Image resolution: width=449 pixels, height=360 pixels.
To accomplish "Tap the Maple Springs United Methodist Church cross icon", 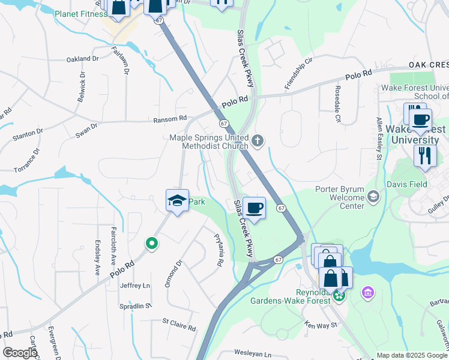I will click(x=258, y=141).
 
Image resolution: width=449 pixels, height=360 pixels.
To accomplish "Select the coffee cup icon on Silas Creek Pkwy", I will click(x=255, y=208).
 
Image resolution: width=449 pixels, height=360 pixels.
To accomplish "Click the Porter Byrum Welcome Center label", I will click(x=340, y=198).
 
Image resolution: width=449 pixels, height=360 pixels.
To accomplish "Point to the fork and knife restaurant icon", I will click(x=425, y=156).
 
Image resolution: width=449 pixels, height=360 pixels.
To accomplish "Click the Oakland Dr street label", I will click(x=82, y=59).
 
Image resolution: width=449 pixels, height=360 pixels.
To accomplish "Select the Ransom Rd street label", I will click(x=170, y=119).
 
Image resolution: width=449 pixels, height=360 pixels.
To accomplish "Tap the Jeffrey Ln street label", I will click(x=134, y=286).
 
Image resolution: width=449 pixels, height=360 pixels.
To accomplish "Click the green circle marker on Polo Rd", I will click(x=152, y=244).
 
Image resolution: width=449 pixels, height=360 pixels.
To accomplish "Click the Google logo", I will click(x=19, y=352).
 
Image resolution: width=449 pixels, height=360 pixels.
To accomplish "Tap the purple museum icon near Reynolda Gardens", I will click(x=367, y=293).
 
